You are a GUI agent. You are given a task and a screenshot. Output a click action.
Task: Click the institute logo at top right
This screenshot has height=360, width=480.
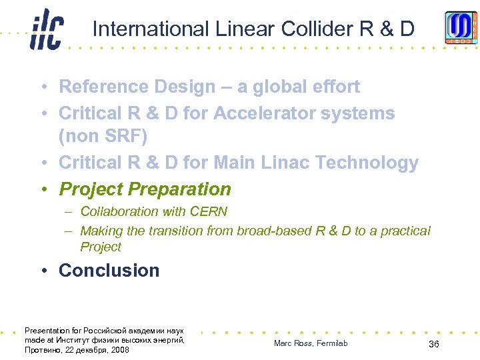pyautogui.click(x=461, y=27)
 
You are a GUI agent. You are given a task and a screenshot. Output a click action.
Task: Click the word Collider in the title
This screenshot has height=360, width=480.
pyautogui.click(x=317, y=29)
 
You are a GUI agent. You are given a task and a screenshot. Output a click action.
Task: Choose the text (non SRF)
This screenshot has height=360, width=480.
pyautogui.click(x=102, y=137)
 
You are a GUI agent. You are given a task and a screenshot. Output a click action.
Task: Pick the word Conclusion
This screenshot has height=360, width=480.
pyautogui.click(x=109, y=271)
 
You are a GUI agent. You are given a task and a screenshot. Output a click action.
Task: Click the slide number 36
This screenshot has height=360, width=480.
pyautogui.click(x=433, y=343)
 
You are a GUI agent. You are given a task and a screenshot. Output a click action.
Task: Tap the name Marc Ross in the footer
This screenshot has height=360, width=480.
pyautogui.click(x=291, y=343)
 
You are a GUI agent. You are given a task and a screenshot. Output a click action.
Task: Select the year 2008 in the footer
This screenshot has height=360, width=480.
pyautogui.click(x=120, y=350)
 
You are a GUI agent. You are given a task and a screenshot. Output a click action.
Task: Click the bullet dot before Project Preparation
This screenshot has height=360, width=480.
pyautogui.click(x=42, y=190)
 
